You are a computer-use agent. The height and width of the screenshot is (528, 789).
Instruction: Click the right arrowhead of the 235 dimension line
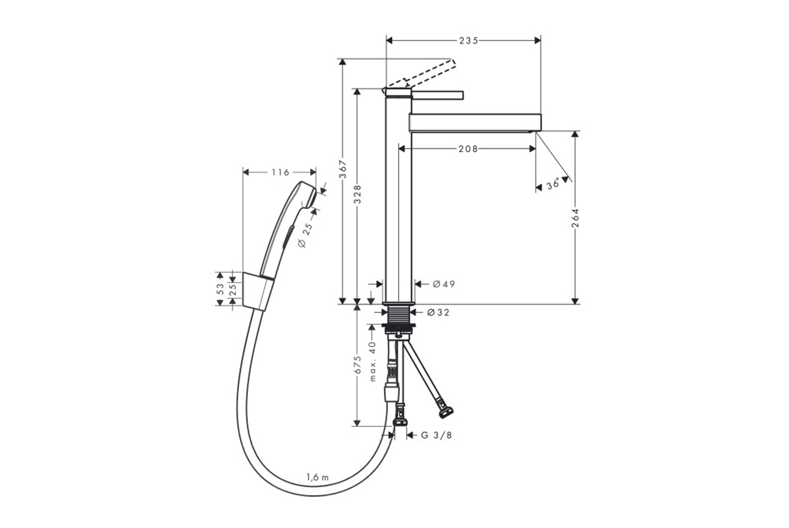click(537, 40)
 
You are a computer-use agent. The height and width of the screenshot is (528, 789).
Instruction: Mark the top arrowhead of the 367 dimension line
click(342, 62)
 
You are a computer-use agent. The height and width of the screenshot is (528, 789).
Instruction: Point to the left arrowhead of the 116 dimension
click(247, 172)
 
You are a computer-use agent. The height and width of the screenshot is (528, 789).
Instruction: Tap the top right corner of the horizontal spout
click(541, 113)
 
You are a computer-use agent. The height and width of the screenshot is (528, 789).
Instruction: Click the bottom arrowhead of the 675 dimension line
click(356, 422)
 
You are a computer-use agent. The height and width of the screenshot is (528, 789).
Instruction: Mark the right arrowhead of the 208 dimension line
click(532, 149)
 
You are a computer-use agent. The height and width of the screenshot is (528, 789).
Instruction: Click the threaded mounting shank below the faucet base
click(399, 316)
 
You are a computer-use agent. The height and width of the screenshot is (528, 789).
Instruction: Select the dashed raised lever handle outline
click(422, 75)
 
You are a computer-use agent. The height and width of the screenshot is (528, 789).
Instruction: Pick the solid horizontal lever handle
click(437, 95)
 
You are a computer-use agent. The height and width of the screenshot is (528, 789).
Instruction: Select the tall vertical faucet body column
click(398, 196)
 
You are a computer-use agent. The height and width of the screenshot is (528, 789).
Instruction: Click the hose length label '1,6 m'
click(317, 477)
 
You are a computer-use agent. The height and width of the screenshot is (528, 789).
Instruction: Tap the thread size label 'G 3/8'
click(436, 436)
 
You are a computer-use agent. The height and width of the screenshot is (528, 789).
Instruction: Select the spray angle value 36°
click(553, 185)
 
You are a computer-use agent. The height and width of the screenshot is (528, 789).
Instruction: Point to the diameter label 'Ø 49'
click(444, 284)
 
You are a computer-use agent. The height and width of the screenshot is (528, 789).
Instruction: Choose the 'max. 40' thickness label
click(373, 361)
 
